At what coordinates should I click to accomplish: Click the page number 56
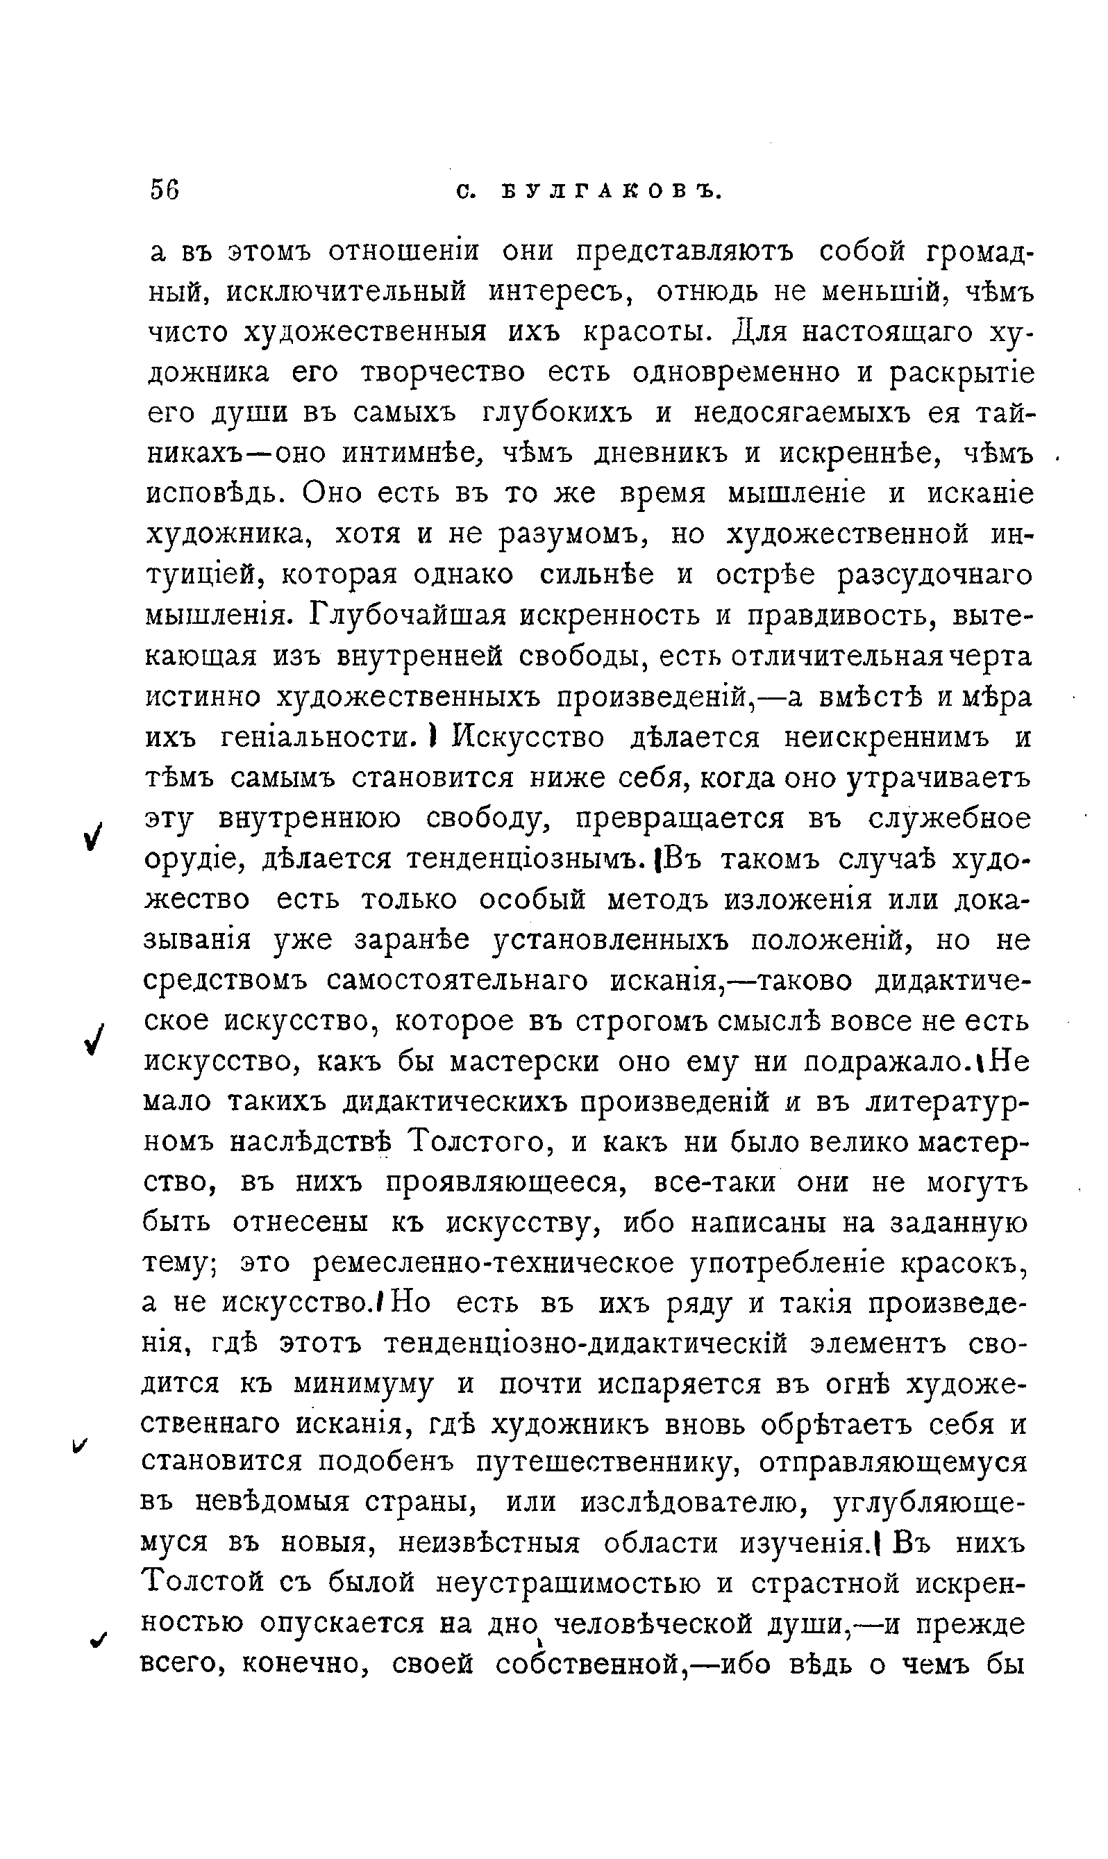click(x=165, y=190)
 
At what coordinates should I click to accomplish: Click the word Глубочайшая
click(x=407, y=615)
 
